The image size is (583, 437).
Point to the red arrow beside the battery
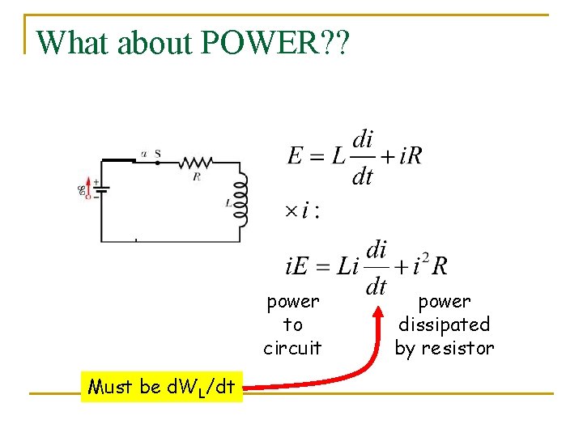88,188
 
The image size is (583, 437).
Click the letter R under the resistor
197,176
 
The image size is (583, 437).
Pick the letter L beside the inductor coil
228,204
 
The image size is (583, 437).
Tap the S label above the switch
157,153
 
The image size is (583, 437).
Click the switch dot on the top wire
156,162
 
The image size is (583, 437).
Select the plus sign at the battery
96,182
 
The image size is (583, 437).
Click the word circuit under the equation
292,349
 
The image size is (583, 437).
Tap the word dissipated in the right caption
444,325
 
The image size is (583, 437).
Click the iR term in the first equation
411,156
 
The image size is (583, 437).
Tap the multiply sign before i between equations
291,211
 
